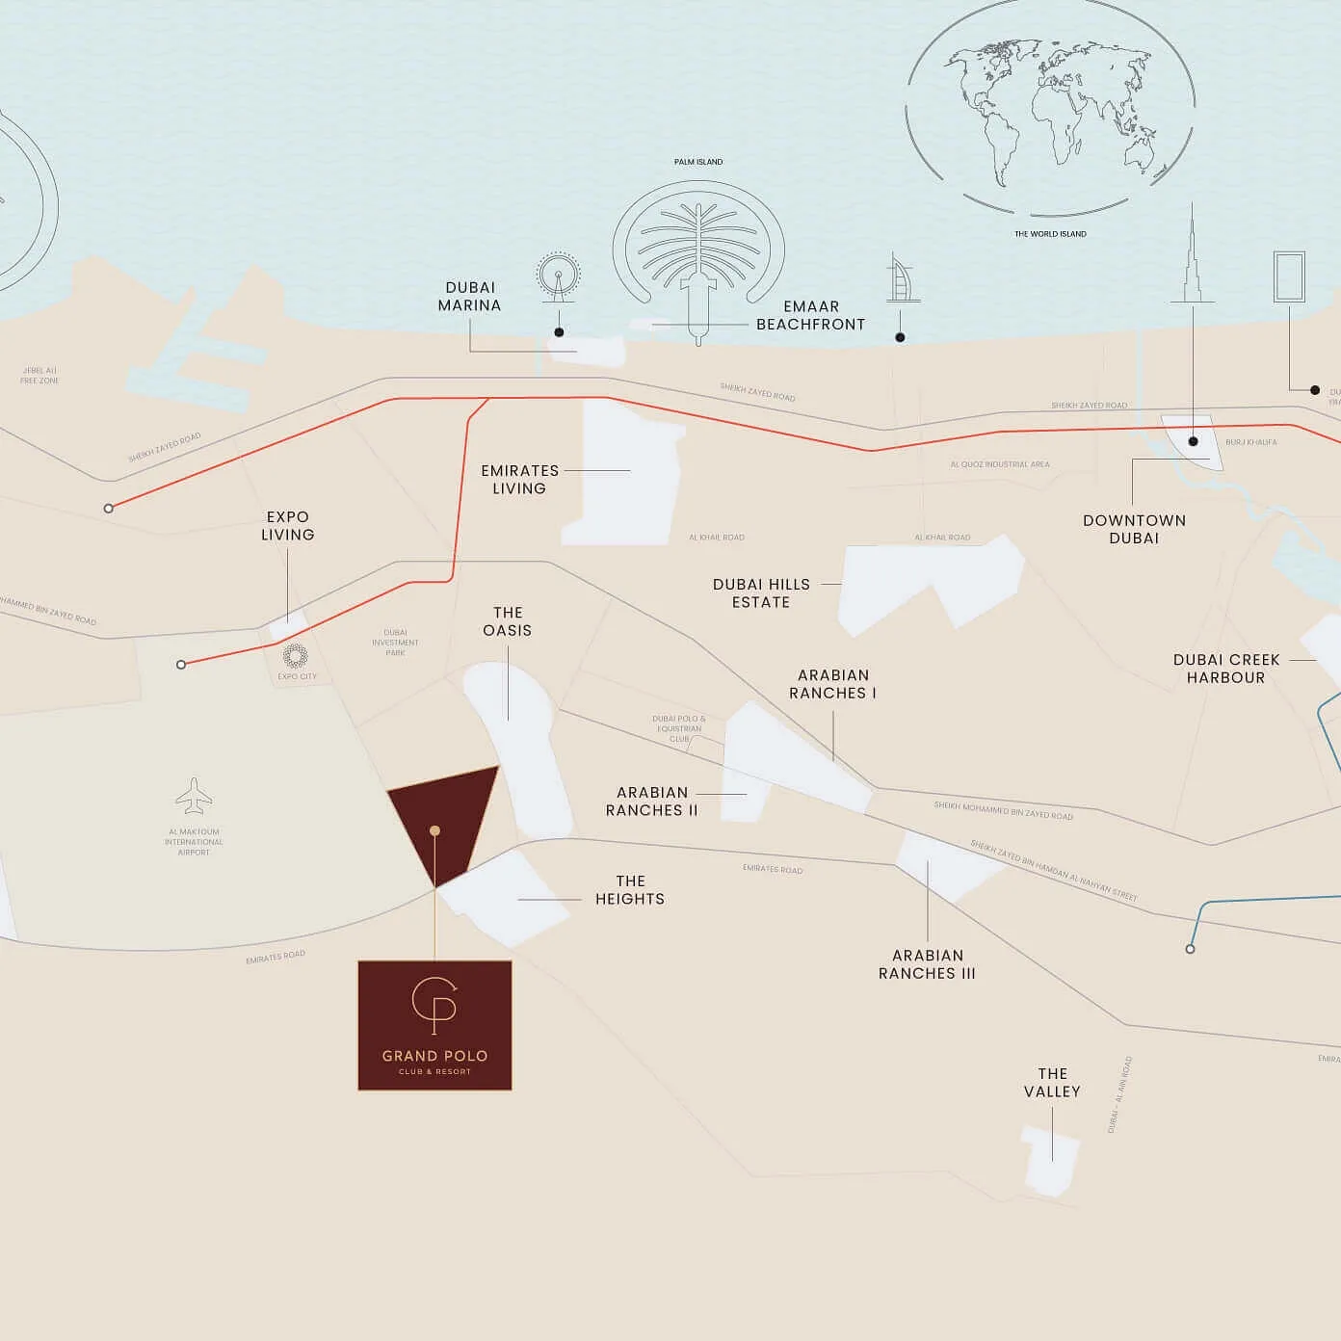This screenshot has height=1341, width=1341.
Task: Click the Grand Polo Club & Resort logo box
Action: [434, 1025]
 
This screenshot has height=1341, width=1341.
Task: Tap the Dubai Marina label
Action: [469, 297]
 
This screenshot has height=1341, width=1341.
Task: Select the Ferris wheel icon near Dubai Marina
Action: [559, 276]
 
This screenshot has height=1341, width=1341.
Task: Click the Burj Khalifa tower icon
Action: [1193, 255]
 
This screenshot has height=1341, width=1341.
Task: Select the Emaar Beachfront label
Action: [810, 316]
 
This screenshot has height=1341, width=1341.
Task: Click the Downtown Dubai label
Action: [1134, 529]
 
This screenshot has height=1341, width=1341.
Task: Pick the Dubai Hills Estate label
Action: [761, 593]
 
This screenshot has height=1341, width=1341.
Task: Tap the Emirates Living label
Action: [519, 480]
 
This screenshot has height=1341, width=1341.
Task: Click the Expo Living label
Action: [287, 526]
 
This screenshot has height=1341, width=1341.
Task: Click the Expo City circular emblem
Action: [295, 656]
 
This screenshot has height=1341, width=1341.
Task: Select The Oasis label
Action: [507, 621]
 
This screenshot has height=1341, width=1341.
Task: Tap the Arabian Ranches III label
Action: [927, 964]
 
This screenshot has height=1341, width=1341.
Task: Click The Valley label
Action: [1052, 1083]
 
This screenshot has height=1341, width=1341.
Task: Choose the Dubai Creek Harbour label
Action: [1225, 669]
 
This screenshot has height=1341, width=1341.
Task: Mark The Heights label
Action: [630, 890]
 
